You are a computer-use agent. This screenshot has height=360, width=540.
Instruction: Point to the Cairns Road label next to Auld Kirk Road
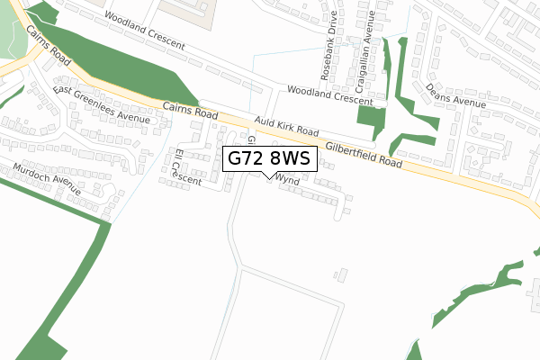coord(191,112)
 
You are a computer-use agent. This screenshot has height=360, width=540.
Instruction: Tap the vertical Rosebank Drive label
coord(330,46)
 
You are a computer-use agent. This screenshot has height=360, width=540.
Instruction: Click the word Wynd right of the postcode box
coord(288,180)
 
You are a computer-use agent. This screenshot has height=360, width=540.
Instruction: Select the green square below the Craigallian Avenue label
coord(369,121)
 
